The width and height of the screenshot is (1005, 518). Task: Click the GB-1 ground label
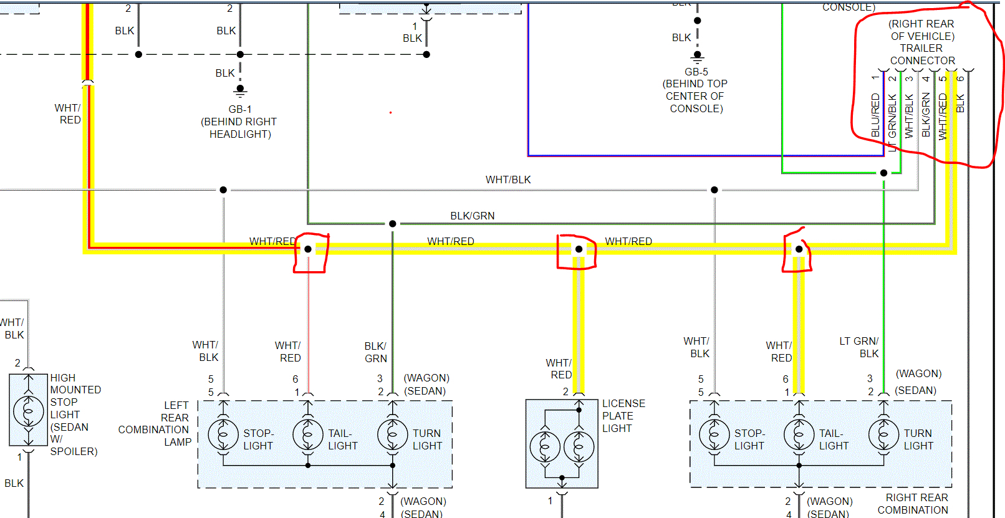(240, 109)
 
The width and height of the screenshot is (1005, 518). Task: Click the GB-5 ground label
(696, 72)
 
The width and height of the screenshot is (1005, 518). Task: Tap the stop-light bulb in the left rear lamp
(223, 434)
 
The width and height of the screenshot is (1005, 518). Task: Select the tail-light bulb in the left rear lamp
(308, 434)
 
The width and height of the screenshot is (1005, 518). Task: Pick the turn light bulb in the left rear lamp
(393, 434)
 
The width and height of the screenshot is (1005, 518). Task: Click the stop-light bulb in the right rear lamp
(714, 434)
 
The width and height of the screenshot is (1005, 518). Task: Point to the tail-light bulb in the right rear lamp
(799, 434)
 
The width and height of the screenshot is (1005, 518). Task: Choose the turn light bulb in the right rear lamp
(884, 434)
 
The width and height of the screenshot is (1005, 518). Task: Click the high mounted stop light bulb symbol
(29, 411)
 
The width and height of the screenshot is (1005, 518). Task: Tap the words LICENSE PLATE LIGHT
(623, 416)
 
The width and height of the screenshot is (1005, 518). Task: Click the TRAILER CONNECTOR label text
(922, 54)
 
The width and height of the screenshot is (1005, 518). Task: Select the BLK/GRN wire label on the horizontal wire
(473, 216)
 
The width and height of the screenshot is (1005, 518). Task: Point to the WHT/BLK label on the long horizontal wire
(508, 180)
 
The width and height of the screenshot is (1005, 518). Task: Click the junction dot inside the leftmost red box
(308, 249)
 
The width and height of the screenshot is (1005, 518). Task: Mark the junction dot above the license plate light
(579, 249)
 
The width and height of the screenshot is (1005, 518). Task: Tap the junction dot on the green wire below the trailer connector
(883, 173)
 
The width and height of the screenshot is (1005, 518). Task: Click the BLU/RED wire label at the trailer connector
(875, 115)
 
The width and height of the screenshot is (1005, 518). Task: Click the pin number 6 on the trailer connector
(960, 79)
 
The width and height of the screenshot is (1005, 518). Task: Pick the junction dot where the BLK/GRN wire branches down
(393, 224)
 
